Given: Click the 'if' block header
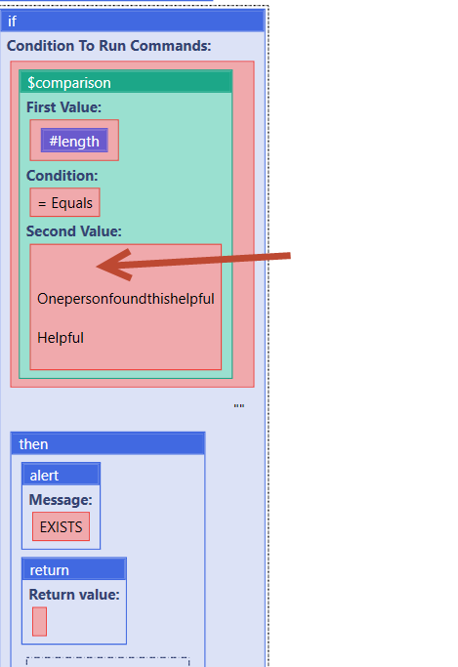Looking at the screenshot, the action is click(133, 21).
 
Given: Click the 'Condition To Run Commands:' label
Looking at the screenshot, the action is click(108, 46).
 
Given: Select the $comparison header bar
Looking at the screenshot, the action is click(126, 82).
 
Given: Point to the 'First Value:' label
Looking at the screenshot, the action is click(63, 107).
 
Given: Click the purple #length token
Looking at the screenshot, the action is click(74, 141).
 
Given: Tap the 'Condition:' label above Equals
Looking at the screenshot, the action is click(62, 175).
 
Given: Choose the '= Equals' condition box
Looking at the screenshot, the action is click(65, 202).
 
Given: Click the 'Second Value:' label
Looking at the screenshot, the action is click(74, 231).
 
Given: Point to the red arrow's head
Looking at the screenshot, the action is click(98, 267).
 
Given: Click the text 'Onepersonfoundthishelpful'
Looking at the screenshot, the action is click(126, 299).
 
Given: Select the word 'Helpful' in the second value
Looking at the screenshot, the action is click(61, 338).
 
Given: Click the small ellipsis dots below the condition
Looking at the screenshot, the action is click(239, 406).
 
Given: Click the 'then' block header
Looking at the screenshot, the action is click(108, 443).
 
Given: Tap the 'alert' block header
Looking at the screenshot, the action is click(62, 475).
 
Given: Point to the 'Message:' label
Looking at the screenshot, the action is click(61, 499).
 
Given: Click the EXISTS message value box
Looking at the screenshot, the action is click(62, 526).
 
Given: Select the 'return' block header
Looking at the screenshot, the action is click(74, 569).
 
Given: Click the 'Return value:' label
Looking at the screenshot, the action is click(74, 595).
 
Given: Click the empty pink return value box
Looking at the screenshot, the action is click(39, 621).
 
